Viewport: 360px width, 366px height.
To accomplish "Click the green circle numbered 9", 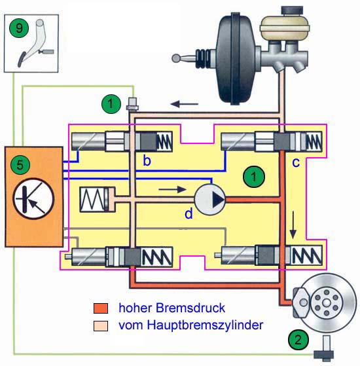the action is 19,28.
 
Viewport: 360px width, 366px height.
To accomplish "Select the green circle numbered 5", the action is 20,165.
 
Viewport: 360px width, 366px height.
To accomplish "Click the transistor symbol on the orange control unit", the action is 33,199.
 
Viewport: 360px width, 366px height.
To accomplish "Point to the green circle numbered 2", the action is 298,340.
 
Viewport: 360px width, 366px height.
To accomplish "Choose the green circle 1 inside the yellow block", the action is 254,177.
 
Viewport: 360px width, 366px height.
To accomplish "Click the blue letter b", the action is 147,160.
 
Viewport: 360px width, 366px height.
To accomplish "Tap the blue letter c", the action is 296,162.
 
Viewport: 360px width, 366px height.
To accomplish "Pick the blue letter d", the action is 189,213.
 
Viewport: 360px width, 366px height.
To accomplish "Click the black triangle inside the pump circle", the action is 218,200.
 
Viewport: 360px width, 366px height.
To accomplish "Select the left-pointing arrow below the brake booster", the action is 185,103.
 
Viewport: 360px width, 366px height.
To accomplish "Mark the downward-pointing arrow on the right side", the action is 293,225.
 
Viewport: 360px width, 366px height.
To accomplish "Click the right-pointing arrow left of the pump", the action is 172,189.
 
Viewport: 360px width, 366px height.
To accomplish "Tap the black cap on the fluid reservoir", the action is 292,11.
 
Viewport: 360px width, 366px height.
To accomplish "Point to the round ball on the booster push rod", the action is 176,58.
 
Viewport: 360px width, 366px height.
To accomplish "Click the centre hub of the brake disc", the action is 327,303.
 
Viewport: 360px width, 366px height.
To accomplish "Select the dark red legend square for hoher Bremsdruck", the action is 101,308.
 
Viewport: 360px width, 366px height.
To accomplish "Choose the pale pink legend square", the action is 101,326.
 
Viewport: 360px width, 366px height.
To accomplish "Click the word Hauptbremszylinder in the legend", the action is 205,325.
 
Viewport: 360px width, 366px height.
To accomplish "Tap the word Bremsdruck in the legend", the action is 190,308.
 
